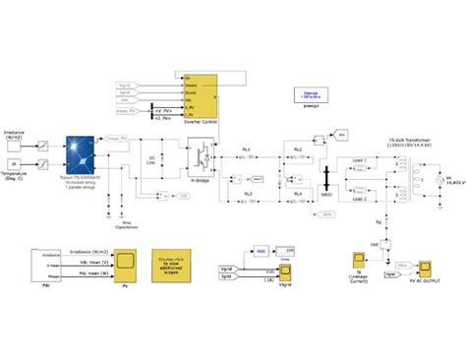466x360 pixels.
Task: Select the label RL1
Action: tap(247, 149)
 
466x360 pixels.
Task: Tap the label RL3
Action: tap(247, 194)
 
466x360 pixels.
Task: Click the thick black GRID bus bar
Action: tap(324, 174)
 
